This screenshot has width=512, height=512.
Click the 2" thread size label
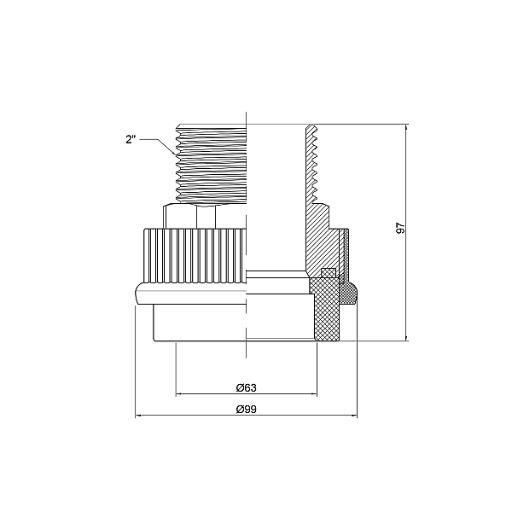131,140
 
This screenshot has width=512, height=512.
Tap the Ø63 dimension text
247,388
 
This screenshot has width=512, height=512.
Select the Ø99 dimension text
247,409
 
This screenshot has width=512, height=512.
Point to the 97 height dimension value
400,228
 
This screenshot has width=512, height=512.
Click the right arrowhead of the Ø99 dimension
354,416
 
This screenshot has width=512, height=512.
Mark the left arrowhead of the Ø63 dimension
178,394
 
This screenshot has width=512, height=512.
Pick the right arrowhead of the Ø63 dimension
314,394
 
